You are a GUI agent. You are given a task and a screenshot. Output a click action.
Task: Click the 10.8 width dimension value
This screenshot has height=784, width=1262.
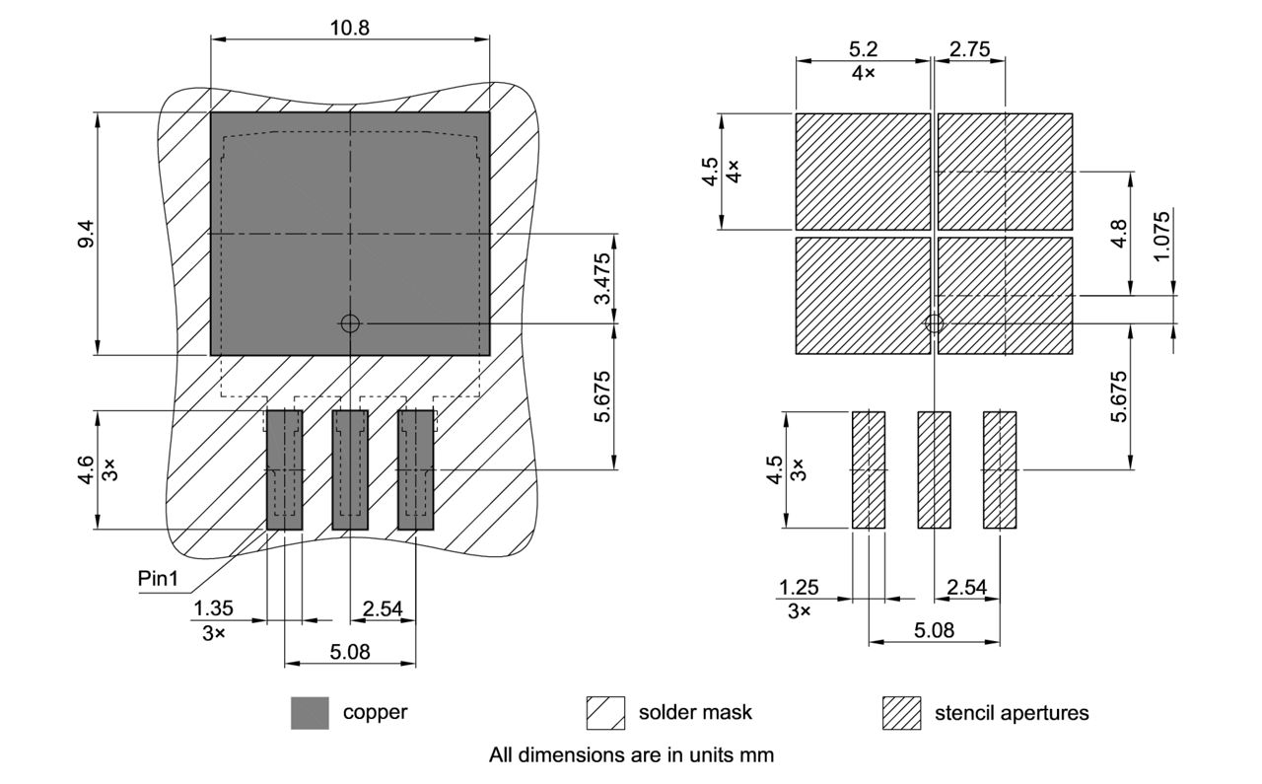click(x=349, y=28)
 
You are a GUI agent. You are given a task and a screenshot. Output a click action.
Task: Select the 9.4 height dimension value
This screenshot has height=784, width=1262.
click(x=87, y=233)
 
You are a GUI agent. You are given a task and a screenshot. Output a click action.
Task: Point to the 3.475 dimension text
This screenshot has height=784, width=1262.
click(x=603, y=279)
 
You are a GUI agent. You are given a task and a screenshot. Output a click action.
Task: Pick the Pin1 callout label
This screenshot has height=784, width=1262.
click(x=158, y=579)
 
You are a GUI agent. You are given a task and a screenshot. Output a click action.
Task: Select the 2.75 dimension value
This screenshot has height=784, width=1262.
click(x=969, y=49)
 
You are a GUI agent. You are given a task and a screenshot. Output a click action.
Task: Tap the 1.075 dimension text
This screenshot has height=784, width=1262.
click(x=1163, y=235)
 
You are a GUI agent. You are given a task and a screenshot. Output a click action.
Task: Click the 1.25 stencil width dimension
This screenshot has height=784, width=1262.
click(x=799, y=588)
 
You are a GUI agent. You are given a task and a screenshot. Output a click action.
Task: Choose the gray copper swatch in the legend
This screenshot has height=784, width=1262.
click(x=310, y=713)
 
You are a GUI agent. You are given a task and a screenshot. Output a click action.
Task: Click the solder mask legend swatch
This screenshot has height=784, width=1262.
click(x=605, y=713)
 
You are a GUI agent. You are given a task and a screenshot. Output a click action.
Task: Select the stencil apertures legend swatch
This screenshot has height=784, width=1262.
click(x=901, y=713)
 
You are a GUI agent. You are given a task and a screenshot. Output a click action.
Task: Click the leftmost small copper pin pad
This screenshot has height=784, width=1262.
click(x=284, y=470)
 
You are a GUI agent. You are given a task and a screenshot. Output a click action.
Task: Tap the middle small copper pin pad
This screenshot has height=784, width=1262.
click(x=349, y=470)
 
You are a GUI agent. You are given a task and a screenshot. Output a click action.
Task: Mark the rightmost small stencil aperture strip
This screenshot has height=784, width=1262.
click(x=1000, y=470)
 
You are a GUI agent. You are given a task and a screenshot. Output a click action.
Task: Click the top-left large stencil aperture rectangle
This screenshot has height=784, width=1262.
click(x=863, y=172)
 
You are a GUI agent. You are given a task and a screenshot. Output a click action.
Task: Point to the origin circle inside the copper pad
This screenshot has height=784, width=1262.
click(x=349, y=322)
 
